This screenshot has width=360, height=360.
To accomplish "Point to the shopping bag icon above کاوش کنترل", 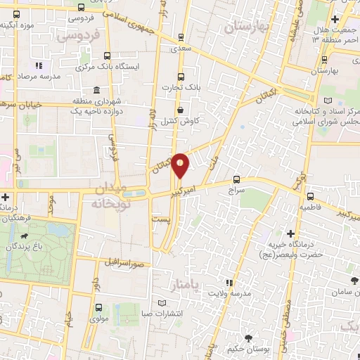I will point(181,109).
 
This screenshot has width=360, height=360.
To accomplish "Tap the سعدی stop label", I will point(181,49).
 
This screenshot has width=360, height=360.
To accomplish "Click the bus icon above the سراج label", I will point(236,179).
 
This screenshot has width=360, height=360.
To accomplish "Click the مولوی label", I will point(98,318).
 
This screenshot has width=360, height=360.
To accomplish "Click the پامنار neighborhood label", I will point(186,283).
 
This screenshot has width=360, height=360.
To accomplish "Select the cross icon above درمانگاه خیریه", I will point(290,233).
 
